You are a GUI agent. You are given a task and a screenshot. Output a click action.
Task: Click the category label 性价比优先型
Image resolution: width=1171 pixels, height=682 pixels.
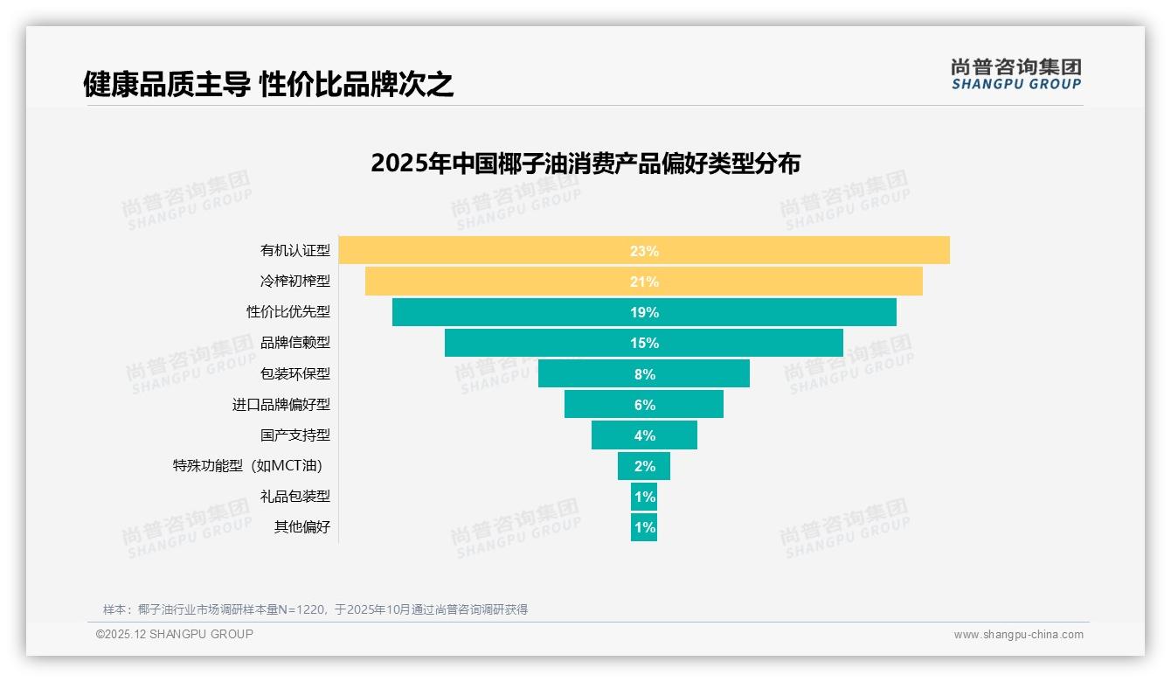point(288,312)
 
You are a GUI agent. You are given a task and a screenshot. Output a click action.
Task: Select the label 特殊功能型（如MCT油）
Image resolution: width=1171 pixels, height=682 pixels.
point(253,466)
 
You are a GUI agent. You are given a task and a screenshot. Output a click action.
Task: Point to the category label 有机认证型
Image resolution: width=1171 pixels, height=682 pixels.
point(295,250)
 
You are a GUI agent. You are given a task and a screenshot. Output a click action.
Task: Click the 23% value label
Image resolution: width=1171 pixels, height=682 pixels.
point(644,251)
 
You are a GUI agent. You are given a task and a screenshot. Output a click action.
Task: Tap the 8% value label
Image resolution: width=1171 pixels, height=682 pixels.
point(644,374)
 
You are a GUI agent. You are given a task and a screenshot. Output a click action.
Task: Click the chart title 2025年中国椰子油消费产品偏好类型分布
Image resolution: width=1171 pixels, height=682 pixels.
point(585,164)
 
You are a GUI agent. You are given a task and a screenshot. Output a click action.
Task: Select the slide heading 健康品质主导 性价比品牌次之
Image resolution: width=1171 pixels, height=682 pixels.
point(268,84)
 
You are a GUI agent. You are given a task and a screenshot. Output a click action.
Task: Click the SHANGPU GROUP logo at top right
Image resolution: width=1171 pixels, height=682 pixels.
point(1016,74)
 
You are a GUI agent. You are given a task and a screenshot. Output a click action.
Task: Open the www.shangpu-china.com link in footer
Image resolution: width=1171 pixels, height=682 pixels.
point(1018,635)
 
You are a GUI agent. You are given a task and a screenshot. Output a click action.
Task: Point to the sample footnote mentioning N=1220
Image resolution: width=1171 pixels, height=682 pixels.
point(315,609)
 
